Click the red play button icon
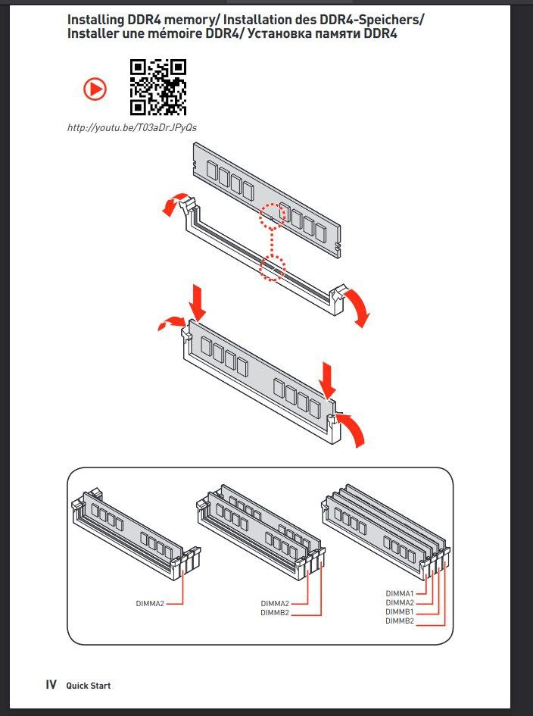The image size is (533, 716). [x=95, y=89]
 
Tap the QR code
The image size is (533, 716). [x=158, y=87]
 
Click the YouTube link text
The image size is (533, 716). [x=132, y=127]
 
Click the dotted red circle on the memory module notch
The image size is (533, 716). [x=272, y=217]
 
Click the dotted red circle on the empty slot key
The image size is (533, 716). [x=272, y=268]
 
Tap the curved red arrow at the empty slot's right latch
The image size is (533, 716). [x=356, y=306]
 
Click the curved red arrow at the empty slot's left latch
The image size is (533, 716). [x=174, y=204]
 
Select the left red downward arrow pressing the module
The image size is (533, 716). [x=198, y=302]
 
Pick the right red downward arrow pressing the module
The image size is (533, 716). [x=328, y=380]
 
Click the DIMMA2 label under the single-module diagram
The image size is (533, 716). [x=150, y=603]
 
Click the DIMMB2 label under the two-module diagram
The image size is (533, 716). [x=275, y=613]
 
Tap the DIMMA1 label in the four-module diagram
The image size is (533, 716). [x=400, y=593]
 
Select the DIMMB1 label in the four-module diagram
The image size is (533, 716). [x=400, y=612]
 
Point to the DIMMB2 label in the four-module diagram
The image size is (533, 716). [x=400, y=621]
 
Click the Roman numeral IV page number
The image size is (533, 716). [x=51, y=685]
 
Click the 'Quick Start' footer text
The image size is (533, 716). [x=89, y=686]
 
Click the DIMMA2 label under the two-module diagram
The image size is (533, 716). [x=275, y=604]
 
